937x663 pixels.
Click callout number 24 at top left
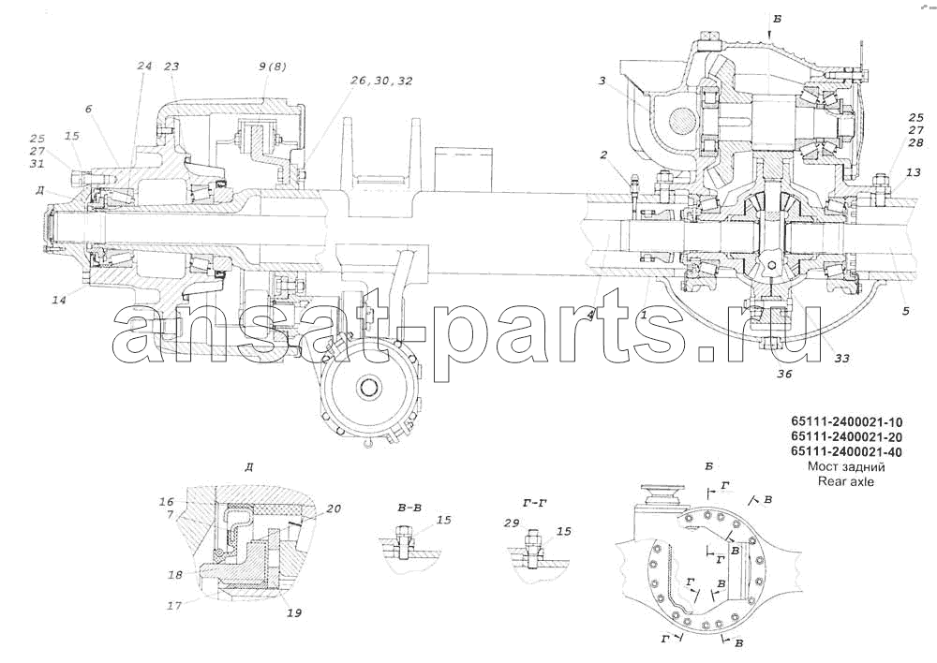(144, 66)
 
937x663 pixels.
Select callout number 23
(171, 66)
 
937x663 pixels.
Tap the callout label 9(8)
(273, 66)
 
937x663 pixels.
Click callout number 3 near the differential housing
(603, 80)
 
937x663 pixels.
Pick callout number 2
(603, 155)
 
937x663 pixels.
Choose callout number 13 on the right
(913, 172)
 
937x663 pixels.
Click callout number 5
(906, 311)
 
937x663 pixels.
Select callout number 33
(842, 359)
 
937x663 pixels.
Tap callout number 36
(784, 374)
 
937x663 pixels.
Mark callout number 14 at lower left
(58, 300)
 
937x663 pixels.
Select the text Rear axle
(846, 480)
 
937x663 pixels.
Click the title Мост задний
(846, 466)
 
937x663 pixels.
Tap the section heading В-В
(410, 508)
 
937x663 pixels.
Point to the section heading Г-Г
(534, 504)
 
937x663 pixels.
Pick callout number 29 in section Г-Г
(511, 523)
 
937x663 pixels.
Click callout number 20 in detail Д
(334, 508)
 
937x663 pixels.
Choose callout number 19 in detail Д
(294, 612)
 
